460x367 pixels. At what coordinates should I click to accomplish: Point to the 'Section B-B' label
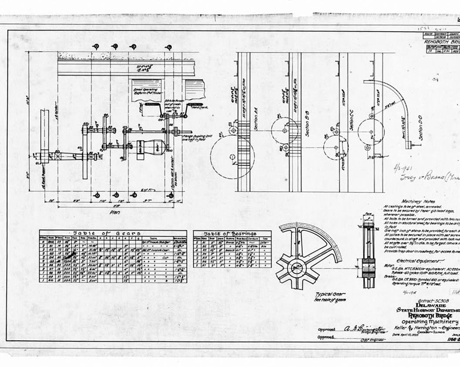(x=307, y=127)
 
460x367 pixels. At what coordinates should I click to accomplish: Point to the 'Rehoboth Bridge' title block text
(x=434, y=316)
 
